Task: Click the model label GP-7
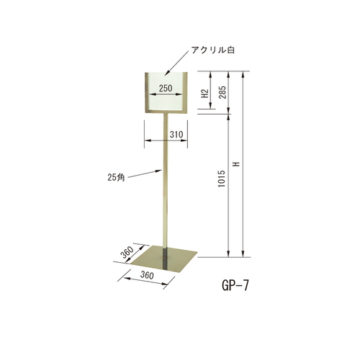coord(235,286)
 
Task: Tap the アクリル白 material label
coord(212,50)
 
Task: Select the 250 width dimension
coord(166,89)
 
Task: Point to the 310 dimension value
coord(176,135)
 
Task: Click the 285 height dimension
coord(222,92)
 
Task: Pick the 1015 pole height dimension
coord(222,179)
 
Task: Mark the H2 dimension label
coord(204,94)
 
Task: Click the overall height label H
coord(237,164)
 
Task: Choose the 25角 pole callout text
coord(116,177)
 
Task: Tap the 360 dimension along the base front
coord(147,275)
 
